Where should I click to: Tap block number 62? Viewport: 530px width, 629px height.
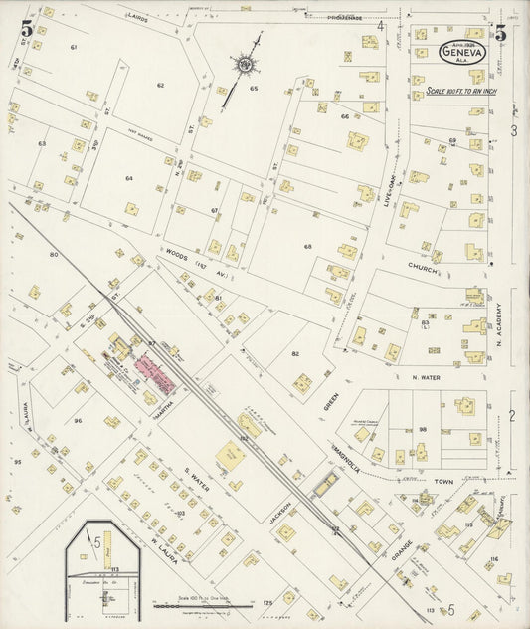pos(160,86)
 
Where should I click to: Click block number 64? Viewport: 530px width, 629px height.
pos(129,178)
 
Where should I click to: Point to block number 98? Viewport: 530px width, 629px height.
pos(422,429)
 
